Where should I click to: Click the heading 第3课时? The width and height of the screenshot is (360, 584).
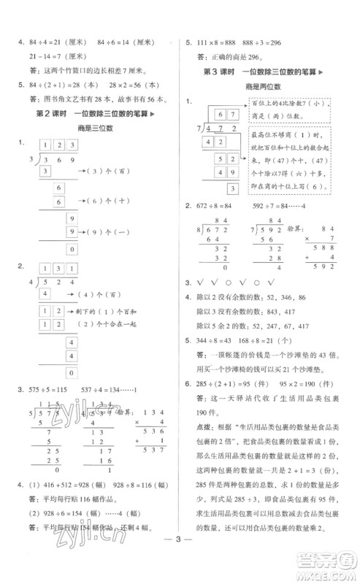(223, 70)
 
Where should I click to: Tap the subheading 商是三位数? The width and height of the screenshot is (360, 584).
(91, 128)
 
